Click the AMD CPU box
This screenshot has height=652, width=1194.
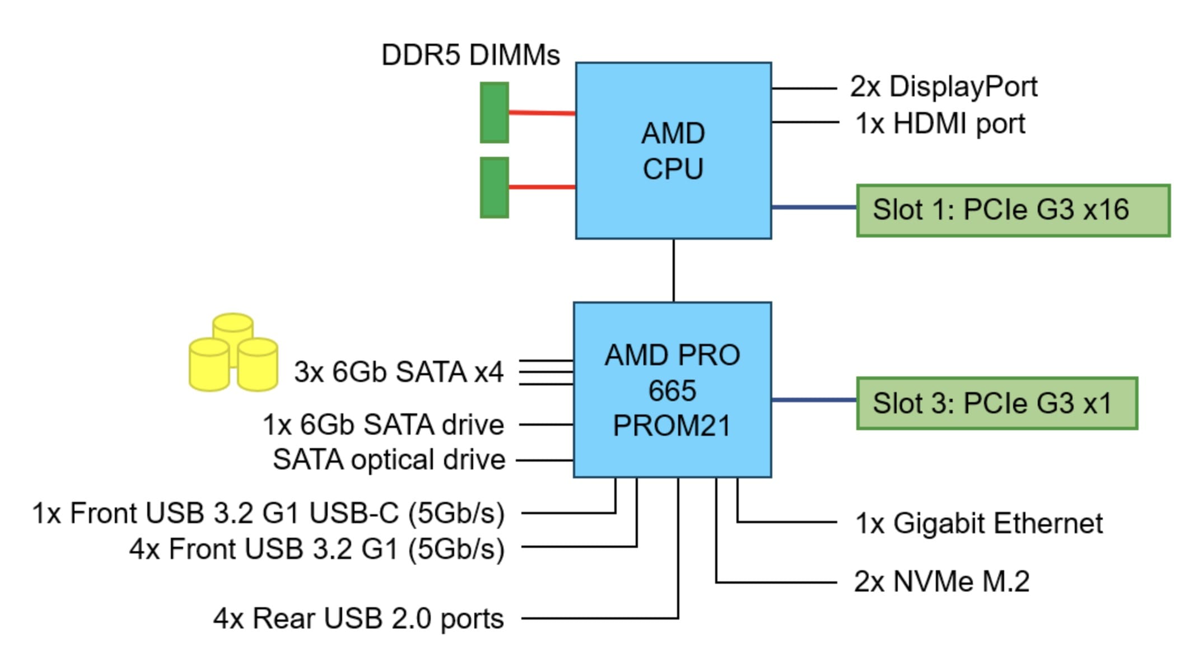[x=673, y=151]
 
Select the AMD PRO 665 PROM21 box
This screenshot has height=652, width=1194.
[x=672, y=390]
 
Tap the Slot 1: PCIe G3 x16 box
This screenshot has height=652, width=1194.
[x=1013, y=210]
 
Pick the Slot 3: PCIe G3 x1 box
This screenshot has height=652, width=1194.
[x=996, y=403]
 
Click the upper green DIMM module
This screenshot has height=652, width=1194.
[x=494, y=113]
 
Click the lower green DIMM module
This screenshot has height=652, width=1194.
[x=494, y=187]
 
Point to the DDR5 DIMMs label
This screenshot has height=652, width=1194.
[x=470, y=55]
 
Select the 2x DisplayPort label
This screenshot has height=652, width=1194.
[x=943, y=87]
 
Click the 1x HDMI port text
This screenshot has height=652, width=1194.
[x=940, y=123]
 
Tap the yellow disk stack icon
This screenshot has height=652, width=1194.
[x=233, y=353]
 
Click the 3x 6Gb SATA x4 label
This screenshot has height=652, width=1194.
[x=398, y=372]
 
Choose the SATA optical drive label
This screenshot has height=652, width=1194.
[x=389, y=460]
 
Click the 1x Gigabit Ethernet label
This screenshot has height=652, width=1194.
[x=978, y=523]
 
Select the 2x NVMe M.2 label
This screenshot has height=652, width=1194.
[x=941, y=581]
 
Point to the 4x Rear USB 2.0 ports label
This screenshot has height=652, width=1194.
[x=358, y=618]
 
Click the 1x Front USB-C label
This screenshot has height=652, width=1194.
[x=268, y=513]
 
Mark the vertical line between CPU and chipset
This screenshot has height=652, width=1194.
[x=673, y=271]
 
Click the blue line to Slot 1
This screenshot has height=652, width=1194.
[x=814, y=207]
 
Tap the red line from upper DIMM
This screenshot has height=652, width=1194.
[x=542, y=113]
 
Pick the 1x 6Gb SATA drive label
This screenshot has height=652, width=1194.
[x=383, y=425]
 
